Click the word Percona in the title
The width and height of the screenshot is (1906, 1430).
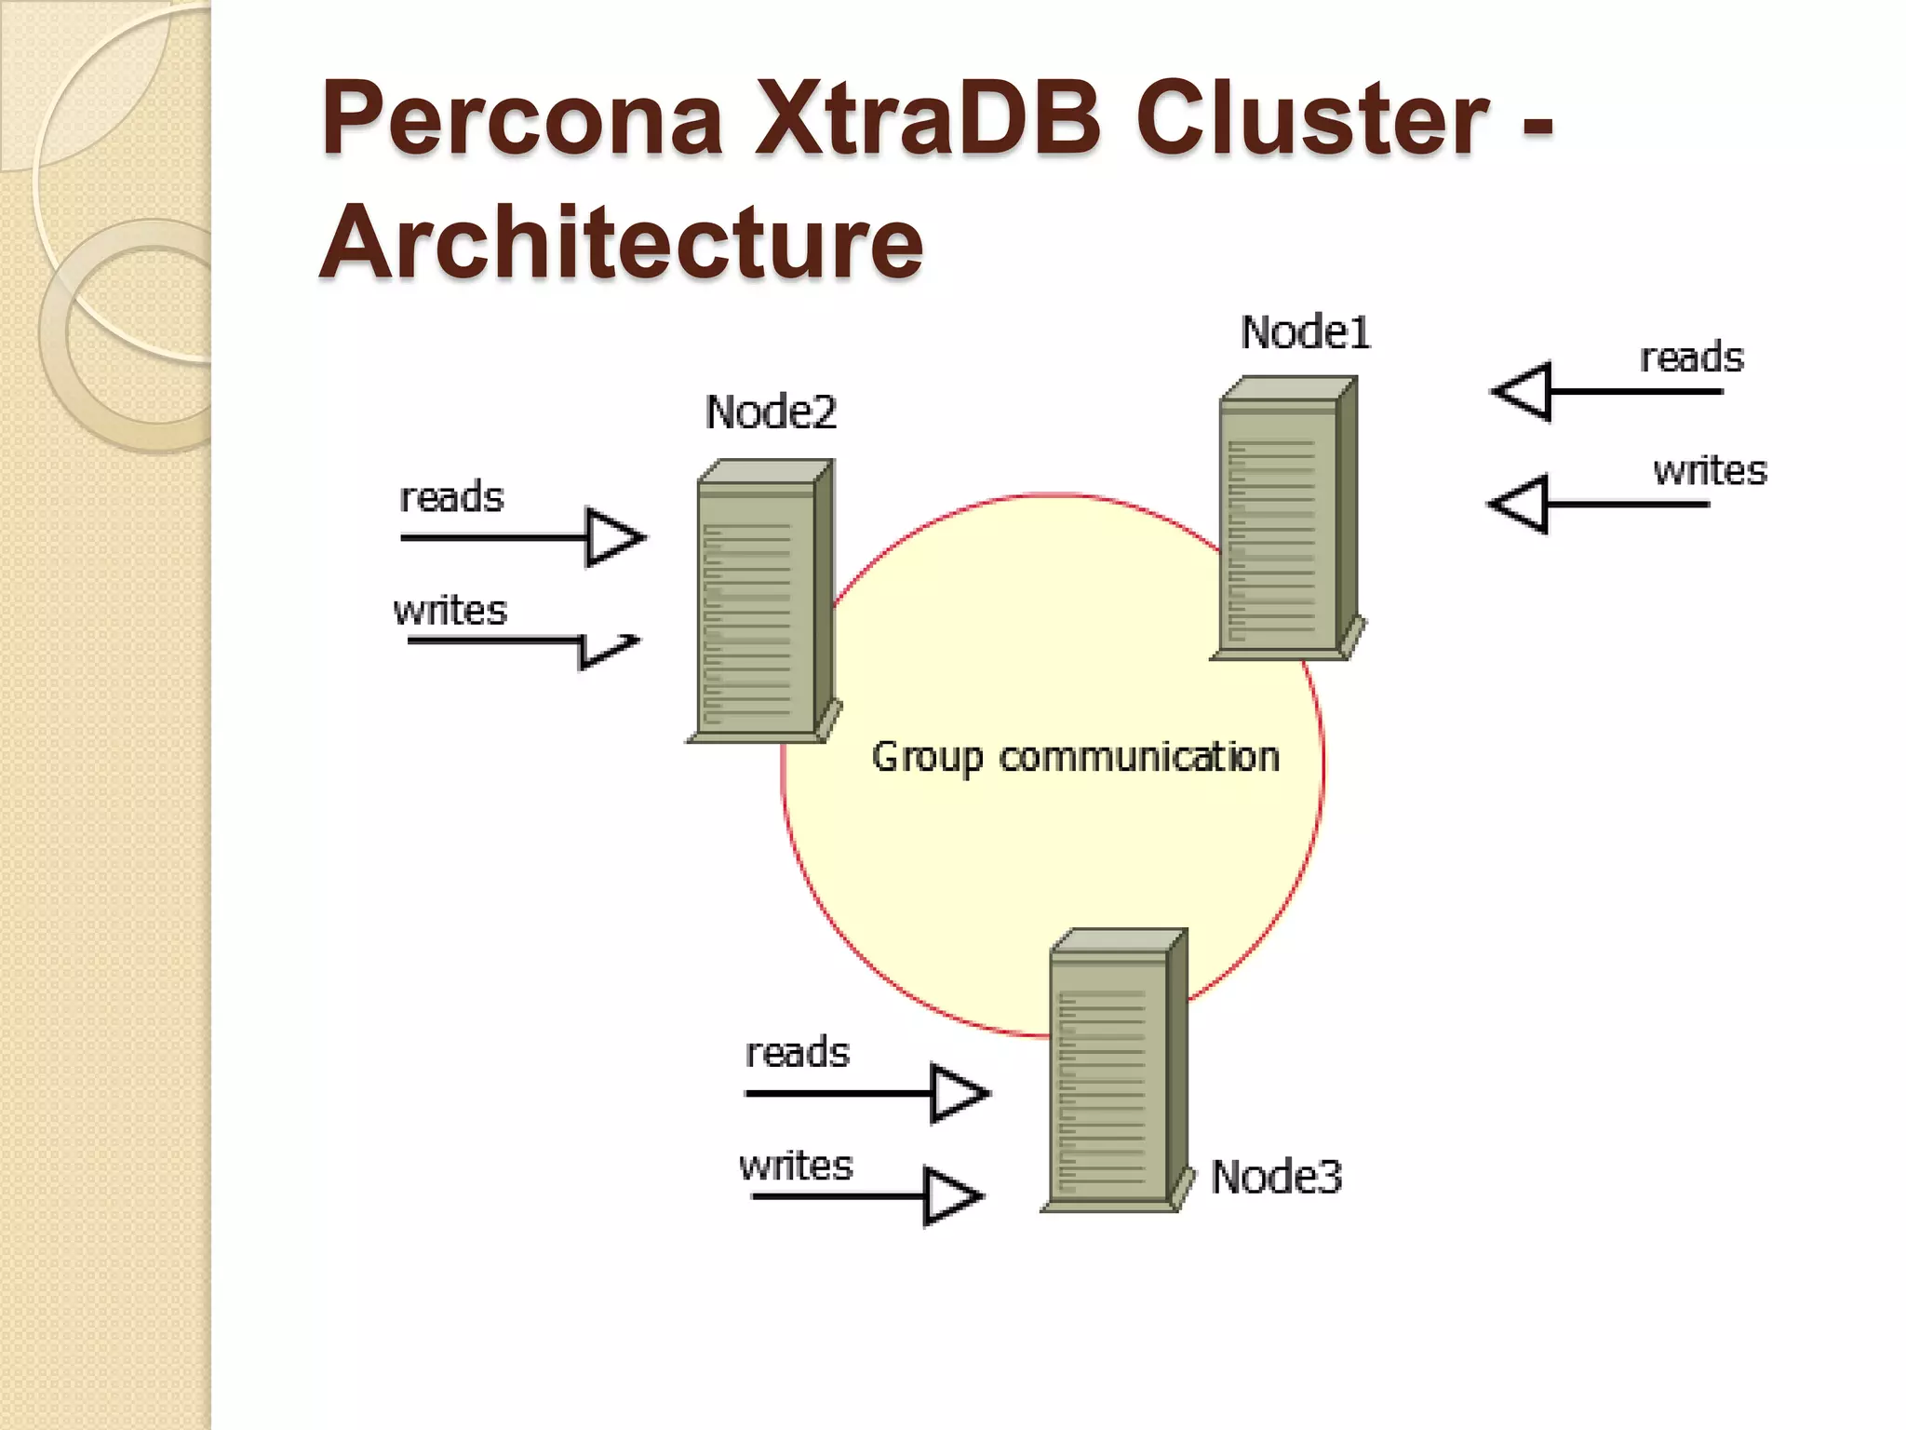tap(522, 119)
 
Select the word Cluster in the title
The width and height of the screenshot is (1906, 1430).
tap(1312, 119)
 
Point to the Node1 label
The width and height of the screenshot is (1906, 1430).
tap(1306, 333)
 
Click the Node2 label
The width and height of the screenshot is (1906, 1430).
tap(771, 412)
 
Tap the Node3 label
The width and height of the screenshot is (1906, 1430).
tap(1276, 1178)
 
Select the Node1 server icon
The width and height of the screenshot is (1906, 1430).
tap(1288, 518)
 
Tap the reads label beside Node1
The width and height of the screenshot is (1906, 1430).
tap(1691, 358)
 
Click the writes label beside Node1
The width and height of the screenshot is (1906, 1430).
tap(1710, 471)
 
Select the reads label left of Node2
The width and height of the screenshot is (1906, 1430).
tap(451, 498)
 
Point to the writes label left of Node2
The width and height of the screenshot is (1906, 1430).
tap(450, 612)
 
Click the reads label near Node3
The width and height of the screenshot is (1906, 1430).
tap(798, 1053)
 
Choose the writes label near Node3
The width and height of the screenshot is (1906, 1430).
tap(796, 1167)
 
